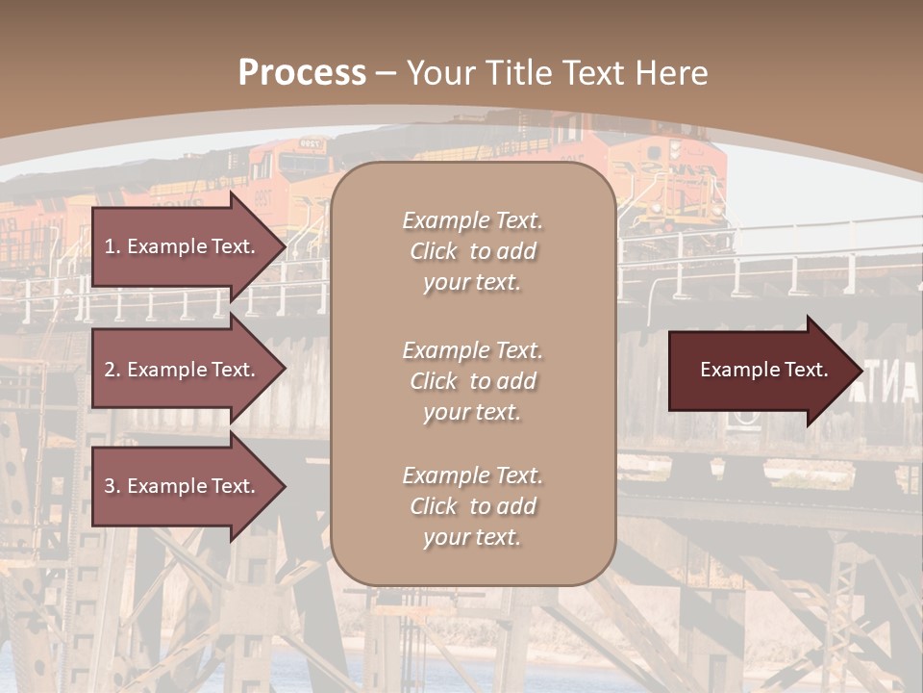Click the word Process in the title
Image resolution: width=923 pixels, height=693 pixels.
(x=302, y=73)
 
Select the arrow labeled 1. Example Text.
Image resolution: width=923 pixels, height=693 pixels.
(x=183, y=246)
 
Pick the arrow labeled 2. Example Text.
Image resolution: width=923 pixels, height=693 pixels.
(x=183, y=370)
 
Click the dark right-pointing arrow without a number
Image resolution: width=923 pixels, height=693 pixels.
(x=760, y=371)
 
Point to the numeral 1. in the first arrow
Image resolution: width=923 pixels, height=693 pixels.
(x=112, y=246)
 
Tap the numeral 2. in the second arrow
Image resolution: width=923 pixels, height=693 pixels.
(x=112, y=370)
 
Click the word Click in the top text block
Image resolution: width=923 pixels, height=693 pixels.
(x=434, y=252)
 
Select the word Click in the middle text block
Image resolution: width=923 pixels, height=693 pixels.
(x=434, y=382)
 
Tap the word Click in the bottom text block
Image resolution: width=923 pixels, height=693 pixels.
(x=434, y=507)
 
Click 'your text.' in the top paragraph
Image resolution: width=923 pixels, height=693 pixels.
(x=472, y=283)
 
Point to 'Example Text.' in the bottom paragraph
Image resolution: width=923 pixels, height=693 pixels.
(x=472, y=476)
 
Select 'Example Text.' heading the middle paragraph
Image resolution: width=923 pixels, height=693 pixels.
(x=472, y=350)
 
